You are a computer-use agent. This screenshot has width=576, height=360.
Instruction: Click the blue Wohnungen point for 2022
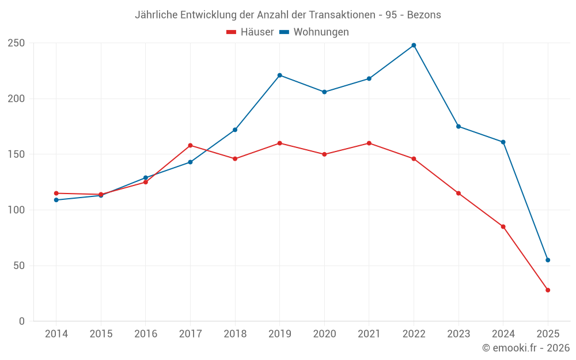pyautogui.click(x=414, y=45)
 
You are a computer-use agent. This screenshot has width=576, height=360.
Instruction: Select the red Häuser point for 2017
pyautogui.click(x=190, y=145)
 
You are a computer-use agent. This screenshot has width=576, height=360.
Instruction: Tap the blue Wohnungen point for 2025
pyautogui.click(x=548, y=260)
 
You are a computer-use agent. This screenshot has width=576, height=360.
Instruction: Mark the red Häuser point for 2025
pyautogui.click(x=548, y=290)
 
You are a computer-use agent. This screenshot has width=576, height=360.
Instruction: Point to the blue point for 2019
pyautogui.click(x=279, y=75)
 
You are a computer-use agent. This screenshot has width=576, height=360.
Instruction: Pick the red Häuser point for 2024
pyautogui.click(x=503, y=226)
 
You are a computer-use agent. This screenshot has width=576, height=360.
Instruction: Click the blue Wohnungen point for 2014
pyautogui.click(x=56, y=200)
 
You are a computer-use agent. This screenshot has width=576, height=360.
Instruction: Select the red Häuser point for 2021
pyautogui.click(x=369, y=143)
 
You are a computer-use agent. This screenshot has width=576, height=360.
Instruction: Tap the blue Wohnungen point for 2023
pyautogui.click(x=458, y=126)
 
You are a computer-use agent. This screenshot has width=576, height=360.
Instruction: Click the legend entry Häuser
pyautogui.click(x=251, y=32)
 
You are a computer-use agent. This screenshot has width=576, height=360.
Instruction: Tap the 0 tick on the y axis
pyautogui.click(x=21, y=321)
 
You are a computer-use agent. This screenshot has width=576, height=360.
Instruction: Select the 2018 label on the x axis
pyautogui.click(x=235, y=334)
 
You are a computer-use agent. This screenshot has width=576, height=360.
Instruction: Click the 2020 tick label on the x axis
pyautogui.click(x=324, y=334)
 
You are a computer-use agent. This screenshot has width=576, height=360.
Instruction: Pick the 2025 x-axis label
pyautogui.click(x=548, y=334)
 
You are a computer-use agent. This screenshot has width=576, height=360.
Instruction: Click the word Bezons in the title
pyautogui.click(x=424, y=15)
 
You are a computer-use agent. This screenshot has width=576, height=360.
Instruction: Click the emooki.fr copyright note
pyautogui.click(x=525, y=348)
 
